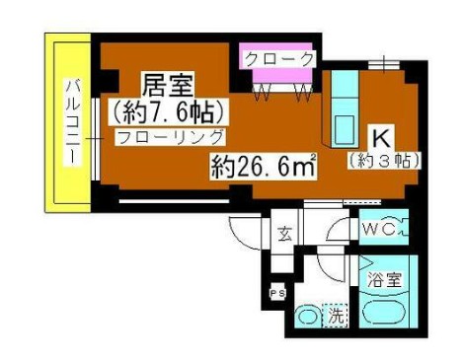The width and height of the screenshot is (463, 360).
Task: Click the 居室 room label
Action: coord(167,82)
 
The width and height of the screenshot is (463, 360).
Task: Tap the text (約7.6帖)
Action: coord(167,108)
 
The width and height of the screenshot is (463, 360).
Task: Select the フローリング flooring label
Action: coord(168,137)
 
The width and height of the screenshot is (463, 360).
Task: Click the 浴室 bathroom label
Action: coord(386,279)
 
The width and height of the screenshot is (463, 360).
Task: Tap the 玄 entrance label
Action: coord(284,234)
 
